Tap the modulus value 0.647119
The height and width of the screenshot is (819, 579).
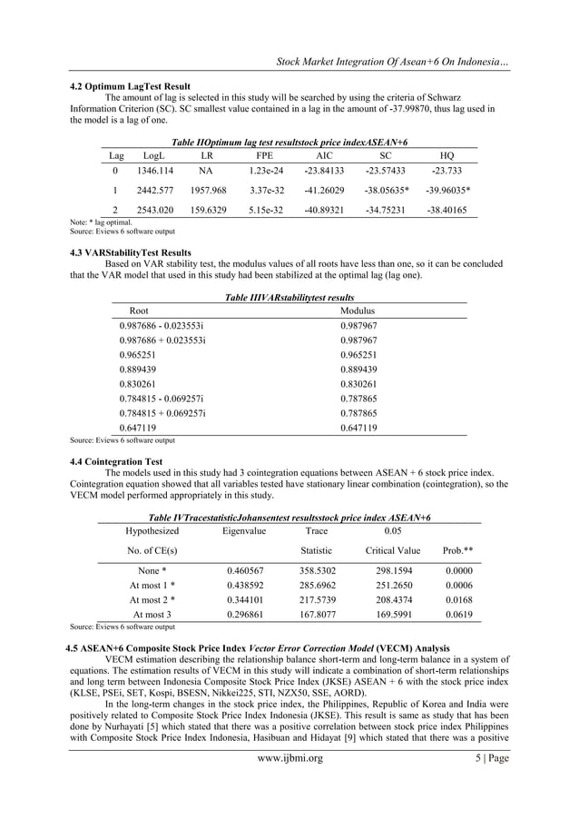pos(358,428)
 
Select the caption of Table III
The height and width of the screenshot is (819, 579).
pos(289,297)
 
